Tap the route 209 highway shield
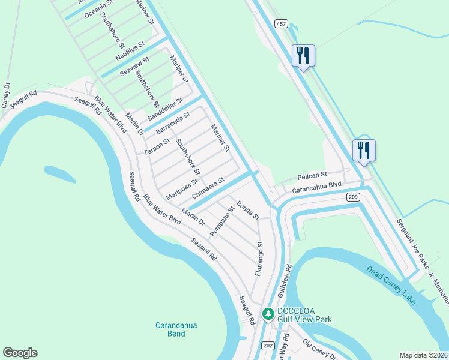[353, 196]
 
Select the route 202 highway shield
[268, 346]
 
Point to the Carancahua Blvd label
[316, 188]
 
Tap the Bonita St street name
[247, 210]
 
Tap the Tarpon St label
[157, 146]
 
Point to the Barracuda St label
[173, 122]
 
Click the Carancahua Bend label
[176, 329]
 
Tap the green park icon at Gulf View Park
[269, 313]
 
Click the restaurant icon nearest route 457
[303, 56]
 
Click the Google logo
[20, 353]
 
